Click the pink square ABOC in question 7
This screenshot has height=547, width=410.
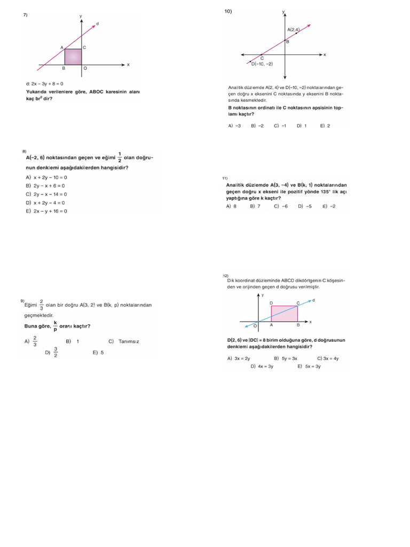[x=73, y=57]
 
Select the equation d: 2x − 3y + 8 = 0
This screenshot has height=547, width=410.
[x=44, y=84]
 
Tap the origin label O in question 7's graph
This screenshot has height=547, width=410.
[x=84, y=68]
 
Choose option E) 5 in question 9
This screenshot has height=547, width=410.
[x=98, y=353]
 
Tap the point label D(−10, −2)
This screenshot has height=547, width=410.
[x=262, y=64]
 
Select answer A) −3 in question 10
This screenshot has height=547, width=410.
[x=234, y=126]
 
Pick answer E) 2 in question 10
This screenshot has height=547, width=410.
[x=325, y=126]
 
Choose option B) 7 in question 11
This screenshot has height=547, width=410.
[x=255, y=206]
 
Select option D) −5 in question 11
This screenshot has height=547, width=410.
[x=305, y=206]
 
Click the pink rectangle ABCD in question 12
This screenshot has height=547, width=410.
[x=284, y=314]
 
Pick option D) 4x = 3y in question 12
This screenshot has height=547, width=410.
[x=262, y=366]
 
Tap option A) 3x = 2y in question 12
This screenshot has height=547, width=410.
[x=239, y=358]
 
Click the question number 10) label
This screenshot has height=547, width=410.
[x=228, y=11]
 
